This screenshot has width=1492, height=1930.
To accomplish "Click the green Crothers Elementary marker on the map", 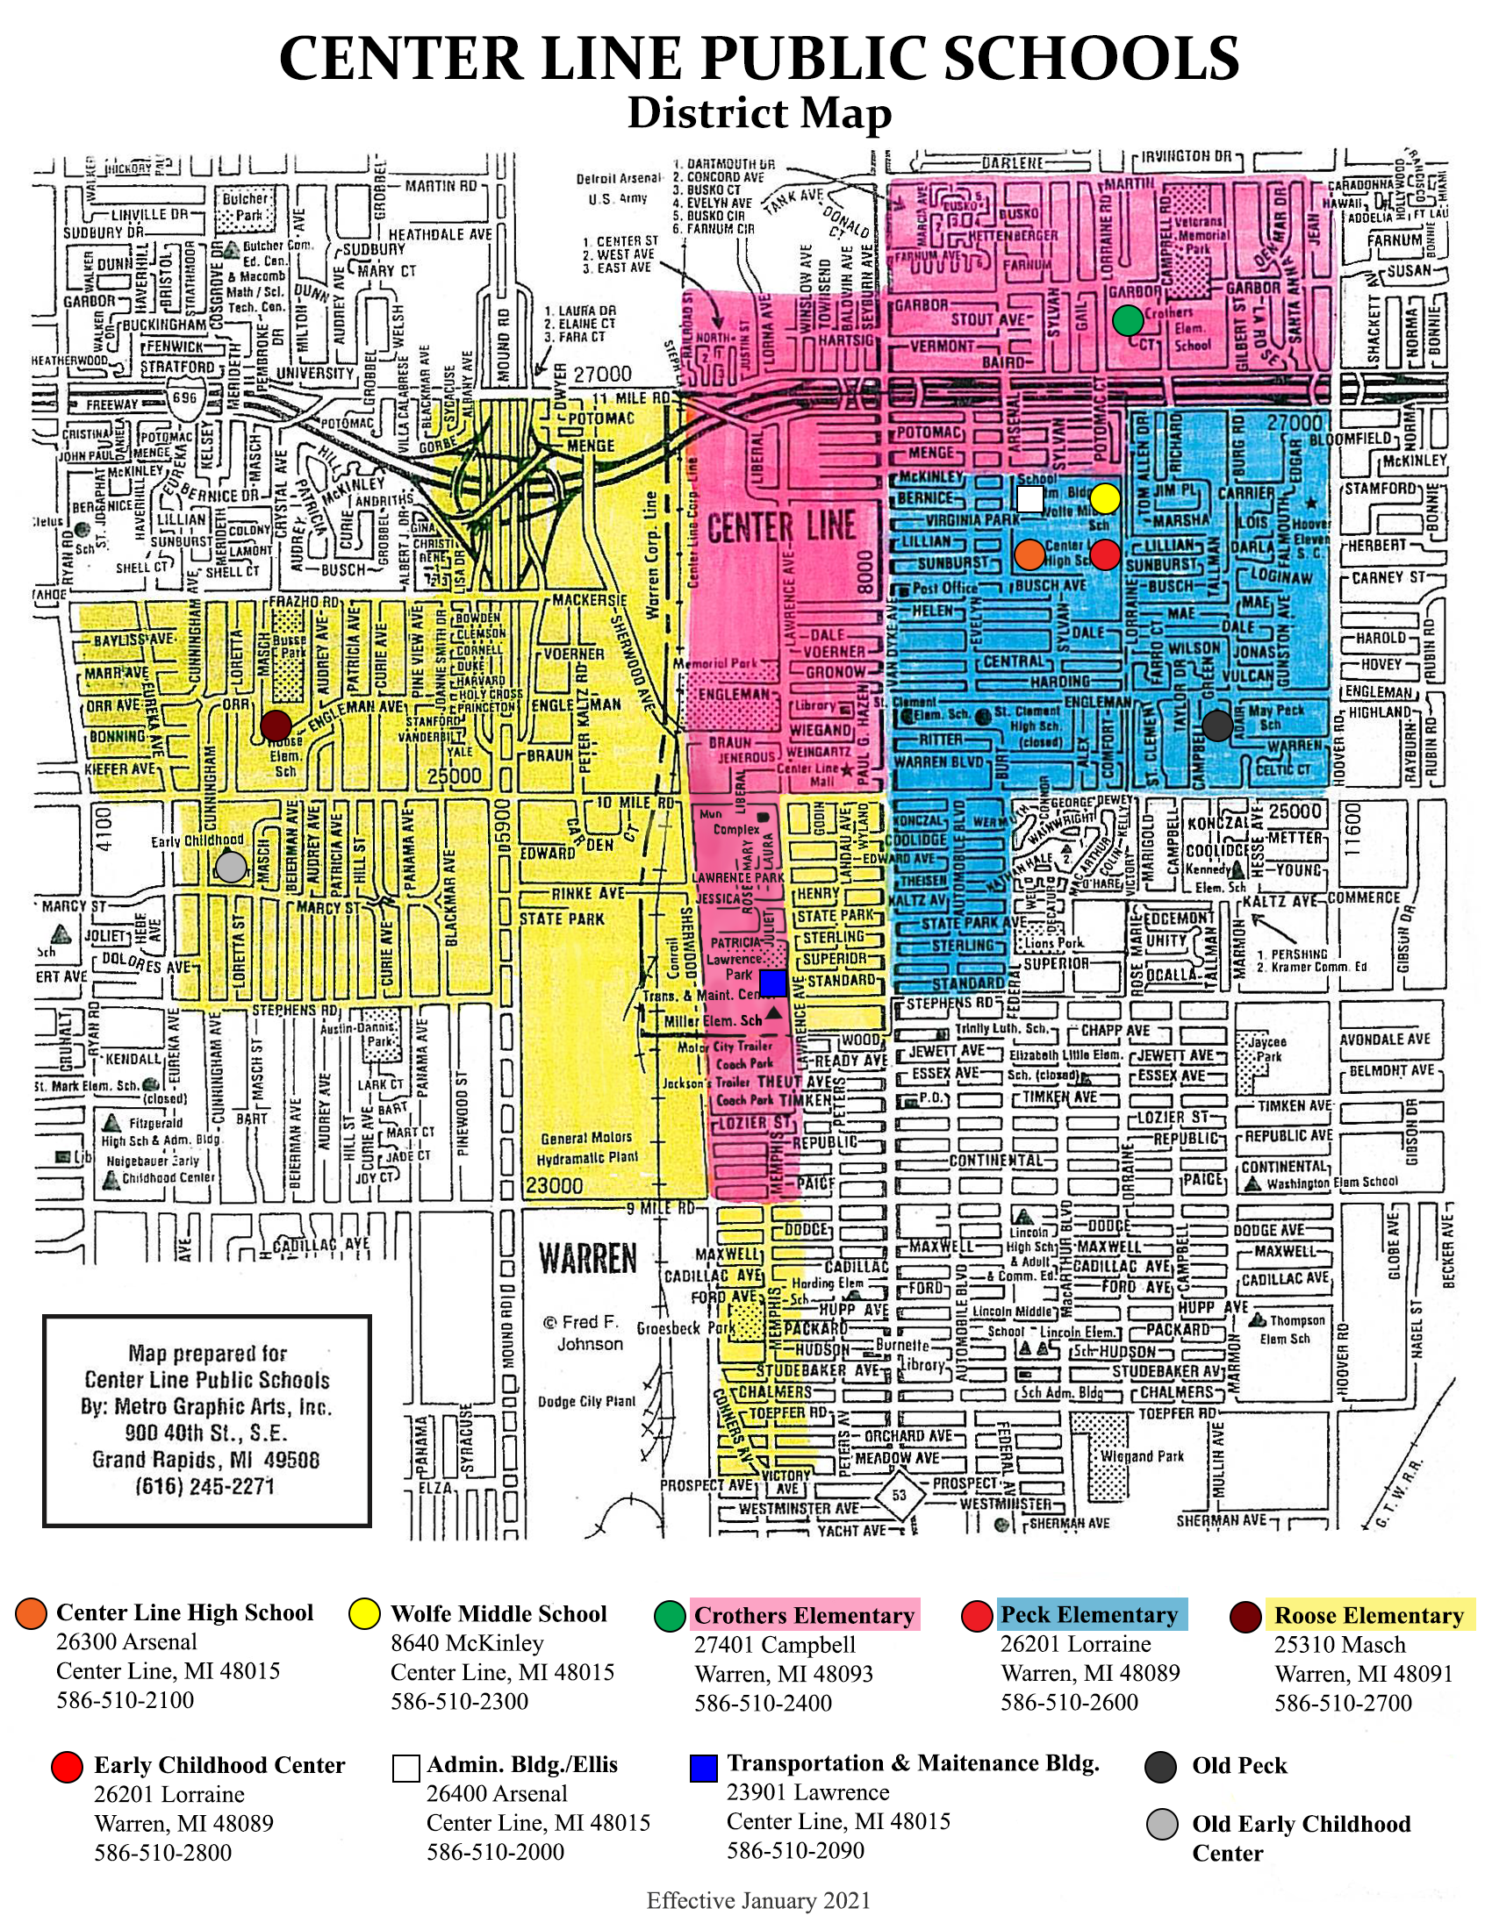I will coord(1128,320).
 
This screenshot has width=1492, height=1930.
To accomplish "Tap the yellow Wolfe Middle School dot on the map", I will coord(1105,498).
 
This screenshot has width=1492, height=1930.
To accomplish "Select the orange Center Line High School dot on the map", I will coord(1029,554).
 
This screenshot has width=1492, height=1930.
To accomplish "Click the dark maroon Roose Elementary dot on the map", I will coord(276,726).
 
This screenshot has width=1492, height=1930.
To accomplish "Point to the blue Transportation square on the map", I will coord(772,983).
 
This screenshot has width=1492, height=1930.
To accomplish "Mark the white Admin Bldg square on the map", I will coord(1029,498).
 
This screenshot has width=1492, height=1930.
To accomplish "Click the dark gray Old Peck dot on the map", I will coord(1217,726).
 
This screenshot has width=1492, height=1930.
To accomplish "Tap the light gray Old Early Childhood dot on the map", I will coord(231,866).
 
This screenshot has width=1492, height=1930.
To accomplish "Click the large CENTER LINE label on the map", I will coord(781,527).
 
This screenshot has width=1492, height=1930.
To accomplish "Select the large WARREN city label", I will coord(588,1257).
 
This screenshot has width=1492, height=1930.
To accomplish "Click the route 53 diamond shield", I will coord(899,1495).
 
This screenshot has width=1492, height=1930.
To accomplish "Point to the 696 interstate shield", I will coord(184,397).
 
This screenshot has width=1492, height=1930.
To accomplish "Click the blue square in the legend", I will coord(703,1769).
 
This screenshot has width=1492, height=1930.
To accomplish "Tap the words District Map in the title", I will coord(758,113).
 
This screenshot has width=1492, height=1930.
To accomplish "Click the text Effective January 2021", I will coord(758,1901).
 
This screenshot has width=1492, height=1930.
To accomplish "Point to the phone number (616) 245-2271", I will coord(205,1486).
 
